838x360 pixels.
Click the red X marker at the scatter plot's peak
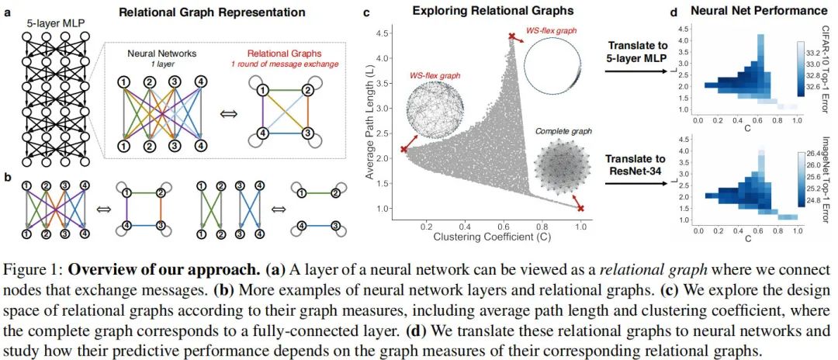(x=511, y=36)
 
